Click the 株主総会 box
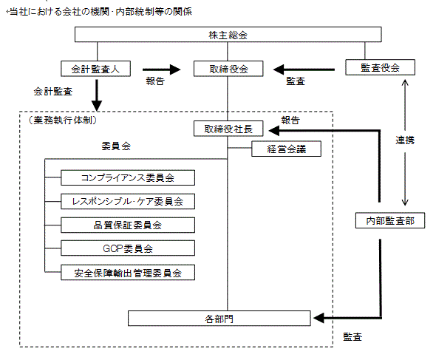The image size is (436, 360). [x=228, y=35]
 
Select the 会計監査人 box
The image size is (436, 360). [x=95, y=69]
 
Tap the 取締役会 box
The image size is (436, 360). [x=228, y=69]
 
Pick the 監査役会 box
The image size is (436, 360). [x=380, y=67]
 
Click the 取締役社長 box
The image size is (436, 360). [x=228, y=129]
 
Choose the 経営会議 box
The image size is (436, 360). [x=287, y=149]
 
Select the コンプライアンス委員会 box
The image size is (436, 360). [x=128, y=177]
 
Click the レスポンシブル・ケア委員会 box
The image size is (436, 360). [x=128, y=201]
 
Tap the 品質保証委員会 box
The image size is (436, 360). [x=128, y=225]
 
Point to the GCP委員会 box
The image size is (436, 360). [x=128, y=248]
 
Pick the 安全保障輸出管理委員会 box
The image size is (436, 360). [x=128, y=272]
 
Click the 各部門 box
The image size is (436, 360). [x=219, y=319]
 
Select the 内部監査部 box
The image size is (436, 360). [x=390, y=220]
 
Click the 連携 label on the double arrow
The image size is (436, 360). [x=405, y=140]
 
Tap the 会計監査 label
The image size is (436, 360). [x=52, y=92]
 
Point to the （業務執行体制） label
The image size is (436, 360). [x=63, y=120]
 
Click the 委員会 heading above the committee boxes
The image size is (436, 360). [x=116, y=146]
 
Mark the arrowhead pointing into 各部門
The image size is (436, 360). [x=319, y=318]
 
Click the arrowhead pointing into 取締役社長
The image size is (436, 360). [x=274, y=130]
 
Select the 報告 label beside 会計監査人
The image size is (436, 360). [x=155, y=81]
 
